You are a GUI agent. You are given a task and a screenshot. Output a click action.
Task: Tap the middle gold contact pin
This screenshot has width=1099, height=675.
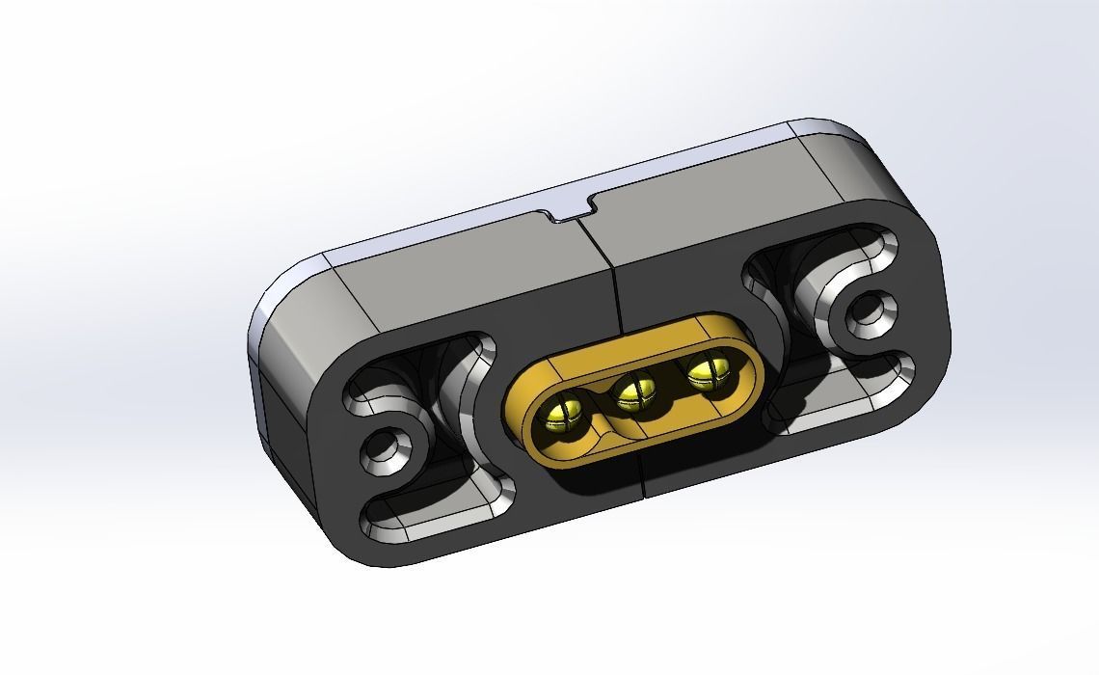click(634, 391)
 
